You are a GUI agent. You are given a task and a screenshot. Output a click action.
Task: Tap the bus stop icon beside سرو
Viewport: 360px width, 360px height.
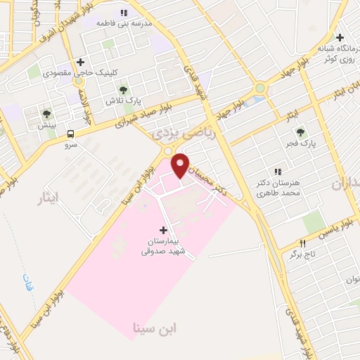tap(70, 134)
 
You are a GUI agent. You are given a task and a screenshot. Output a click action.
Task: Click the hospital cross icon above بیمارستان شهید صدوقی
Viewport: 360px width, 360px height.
tap(163, 230)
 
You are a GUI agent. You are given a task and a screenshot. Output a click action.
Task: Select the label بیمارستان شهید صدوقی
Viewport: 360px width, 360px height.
tap(163, 245)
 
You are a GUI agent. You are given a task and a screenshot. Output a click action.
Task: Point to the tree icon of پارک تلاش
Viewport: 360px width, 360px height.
tap(123, 89)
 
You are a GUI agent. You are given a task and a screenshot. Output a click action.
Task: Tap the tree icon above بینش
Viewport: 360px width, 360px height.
tap(46, 113)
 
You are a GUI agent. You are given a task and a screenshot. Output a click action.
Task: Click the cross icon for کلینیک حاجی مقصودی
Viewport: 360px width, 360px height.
tap(81, 62)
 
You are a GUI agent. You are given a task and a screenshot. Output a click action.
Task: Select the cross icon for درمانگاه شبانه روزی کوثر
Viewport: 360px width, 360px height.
tap(340, 37)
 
